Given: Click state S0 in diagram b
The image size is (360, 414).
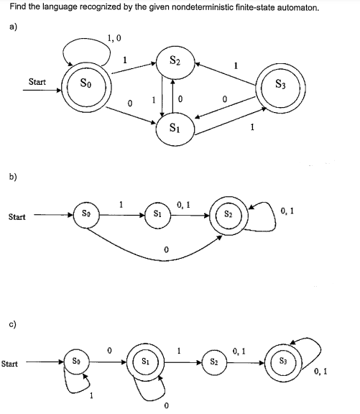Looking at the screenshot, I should coord(86,215).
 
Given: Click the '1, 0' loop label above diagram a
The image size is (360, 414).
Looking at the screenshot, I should coord(113,38).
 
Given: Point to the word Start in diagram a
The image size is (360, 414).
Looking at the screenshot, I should coord(37,82).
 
